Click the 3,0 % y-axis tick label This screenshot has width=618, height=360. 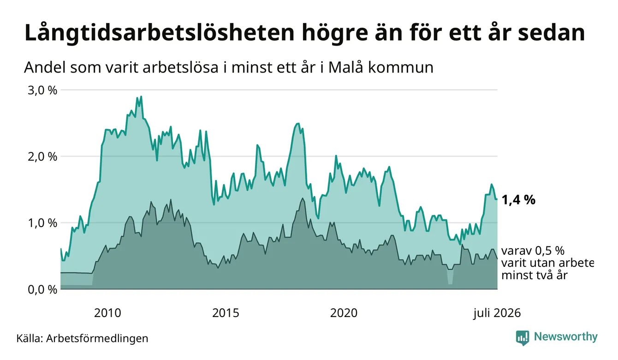[x=42, y=90]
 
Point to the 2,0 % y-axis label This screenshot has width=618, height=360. [x=42, y=157]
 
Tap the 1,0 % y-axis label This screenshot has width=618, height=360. [x=42, y=223]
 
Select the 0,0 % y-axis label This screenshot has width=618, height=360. [x=42, y=289]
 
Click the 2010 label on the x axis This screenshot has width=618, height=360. [x=107, y=313]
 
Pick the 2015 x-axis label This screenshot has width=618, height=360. [x=226, y=313]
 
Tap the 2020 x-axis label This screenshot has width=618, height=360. [x=344, y=313]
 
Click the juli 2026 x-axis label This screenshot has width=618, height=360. [x=497, y=313]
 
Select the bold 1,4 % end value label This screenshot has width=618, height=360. [x=518, y=200]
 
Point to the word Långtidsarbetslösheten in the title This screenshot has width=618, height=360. [x=160, y=34]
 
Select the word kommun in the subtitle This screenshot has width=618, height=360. [x=401, y=68]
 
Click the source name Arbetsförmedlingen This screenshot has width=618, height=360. [x=97, y=338]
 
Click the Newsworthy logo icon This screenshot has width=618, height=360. [x=523, y=338]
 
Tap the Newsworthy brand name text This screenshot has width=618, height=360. [x=566, y=337]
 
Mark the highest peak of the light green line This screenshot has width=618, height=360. [x=141, y=96]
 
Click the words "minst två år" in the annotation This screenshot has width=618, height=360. [x=535, y=275]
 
